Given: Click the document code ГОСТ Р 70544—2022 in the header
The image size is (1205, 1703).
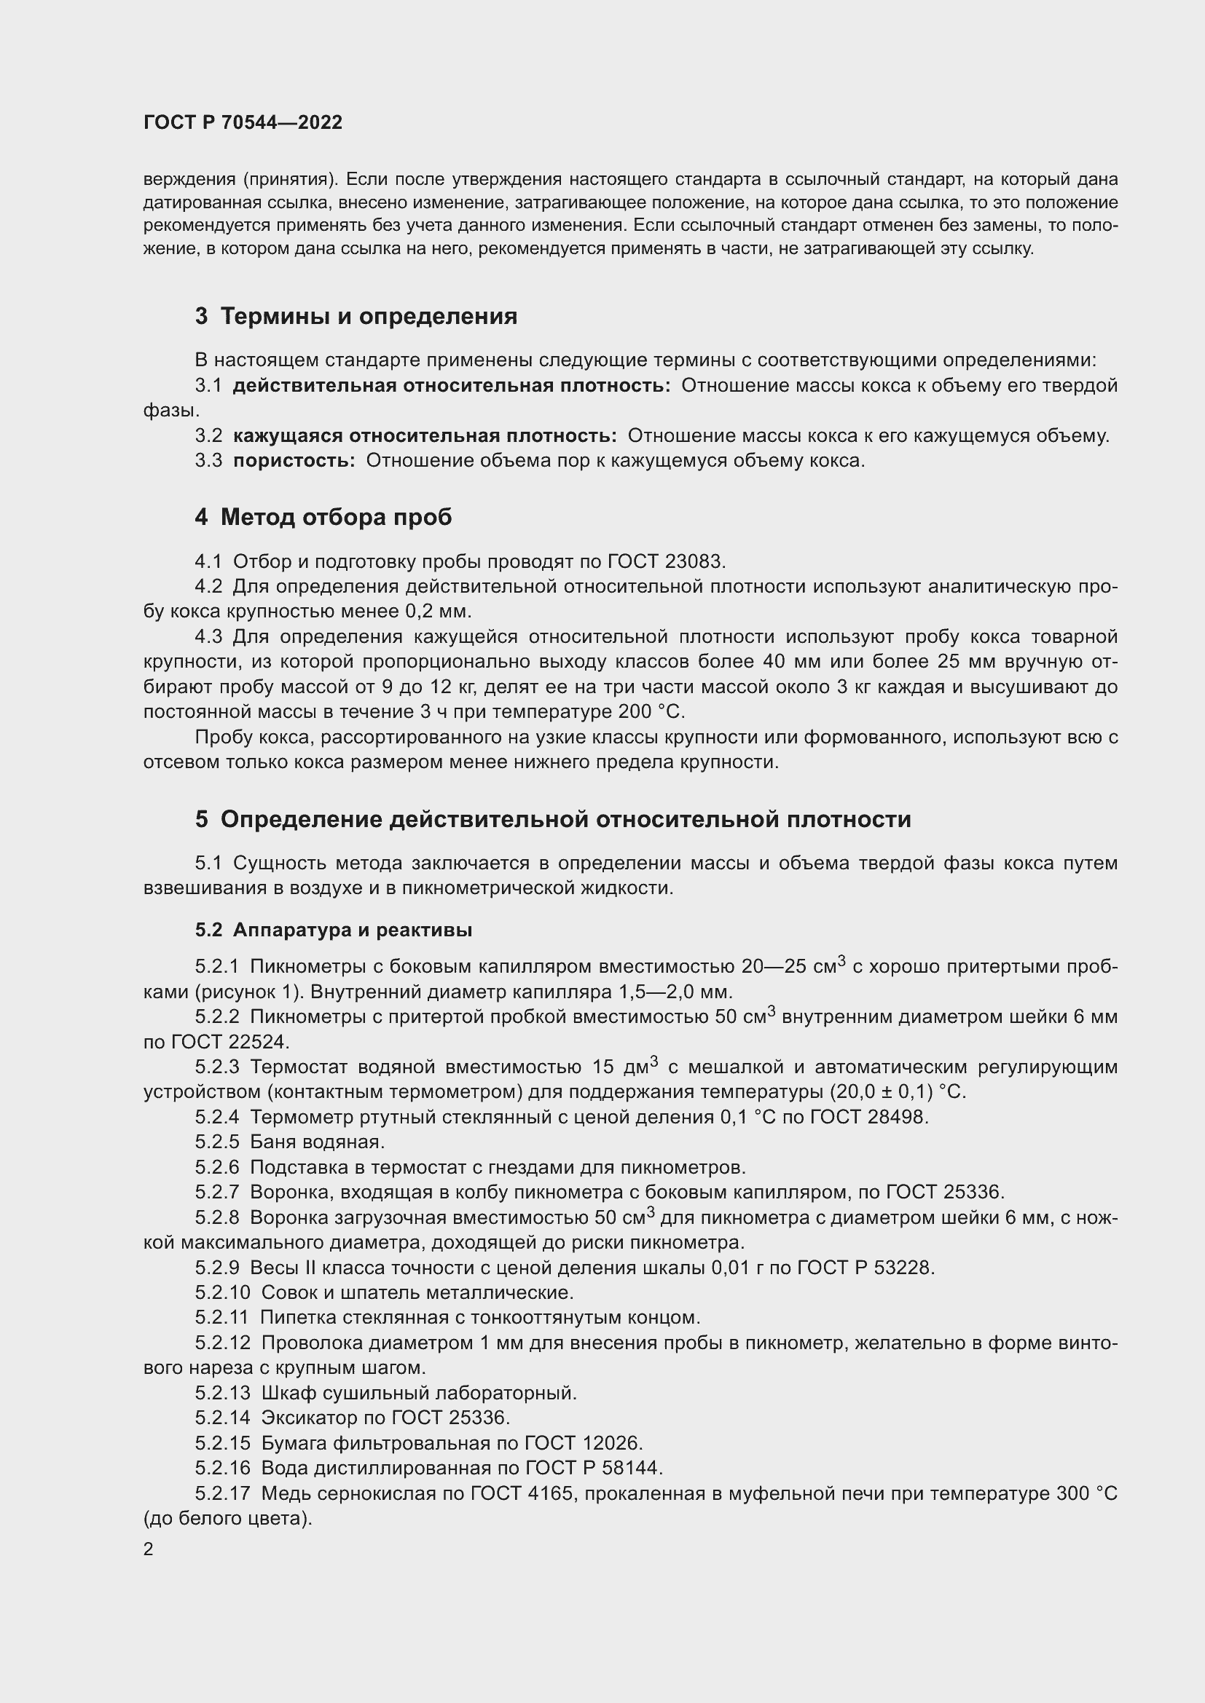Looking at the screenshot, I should pos(243,123).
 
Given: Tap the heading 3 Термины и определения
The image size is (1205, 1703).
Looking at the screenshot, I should pos(356,317).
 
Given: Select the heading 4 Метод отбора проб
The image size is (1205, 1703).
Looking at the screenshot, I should pos(323,517).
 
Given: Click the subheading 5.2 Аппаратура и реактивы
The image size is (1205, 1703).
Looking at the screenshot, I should pos(334,930).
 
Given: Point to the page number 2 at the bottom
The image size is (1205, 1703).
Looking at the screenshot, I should pos(149,1549).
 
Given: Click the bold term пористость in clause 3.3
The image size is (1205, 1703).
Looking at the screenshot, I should pos(294,461).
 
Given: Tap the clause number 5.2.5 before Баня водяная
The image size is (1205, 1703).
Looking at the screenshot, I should pos(217,1142).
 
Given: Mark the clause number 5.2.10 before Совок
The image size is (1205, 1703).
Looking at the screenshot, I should pos(223,1293).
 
